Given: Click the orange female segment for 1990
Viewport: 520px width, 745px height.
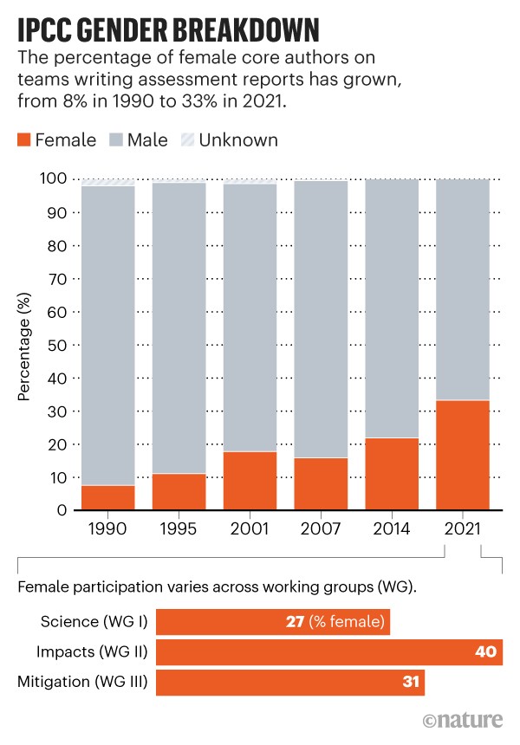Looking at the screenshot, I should (x=108, y=497).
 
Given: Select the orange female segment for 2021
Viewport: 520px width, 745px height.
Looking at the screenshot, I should (x=463, y=455).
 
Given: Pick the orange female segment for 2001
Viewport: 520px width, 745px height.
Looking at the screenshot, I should (x=250, y=480).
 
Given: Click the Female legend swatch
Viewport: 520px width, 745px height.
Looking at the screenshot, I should (x=23, y=140).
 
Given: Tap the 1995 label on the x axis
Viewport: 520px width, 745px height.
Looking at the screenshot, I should (x=179, y=528).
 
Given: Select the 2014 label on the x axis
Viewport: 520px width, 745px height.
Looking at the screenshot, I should (x=392, y=528).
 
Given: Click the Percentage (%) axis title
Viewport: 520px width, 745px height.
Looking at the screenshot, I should (x=24, y=345).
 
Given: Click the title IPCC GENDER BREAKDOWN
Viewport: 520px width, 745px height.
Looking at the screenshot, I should (x=166, y=30).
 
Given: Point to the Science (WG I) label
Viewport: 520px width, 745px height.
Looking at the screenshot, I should (x=94, y=623).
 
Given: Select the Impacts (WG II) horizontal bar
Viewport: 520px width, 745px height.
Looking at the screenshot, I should (x=329, y=652).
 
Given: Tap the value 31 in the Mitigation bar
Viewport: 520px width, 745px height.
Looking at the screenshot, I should (x=411, y=682).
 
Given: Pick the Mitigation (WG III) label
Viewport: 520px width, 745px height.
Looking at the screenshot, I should (x=81, y=682).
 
